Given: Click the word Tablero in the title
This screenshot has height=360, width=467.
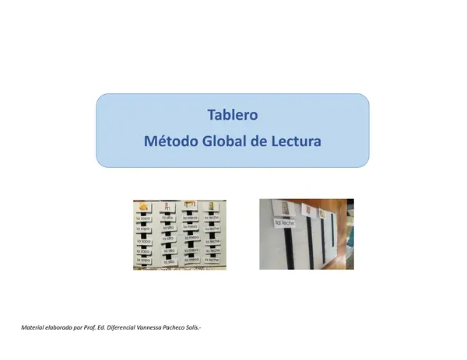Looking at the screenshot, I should (232, 116).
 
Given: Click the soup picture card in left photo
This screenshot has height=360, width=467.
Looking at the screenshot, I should (144, 206).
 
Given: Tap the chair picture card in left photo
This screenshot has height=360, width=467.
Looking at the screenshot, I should (167, 206).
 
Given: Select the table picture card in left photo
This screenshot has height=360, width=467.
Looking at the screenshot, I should (189, 206).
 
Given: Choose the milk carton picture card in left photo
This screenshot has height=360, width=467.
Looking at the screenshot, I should (211, 206).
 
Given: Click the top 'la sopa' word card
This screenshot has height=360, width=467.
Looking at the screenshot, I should (144, 219).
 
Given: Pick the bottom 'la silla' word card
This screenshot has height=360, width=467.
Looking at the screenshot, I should (169, 261).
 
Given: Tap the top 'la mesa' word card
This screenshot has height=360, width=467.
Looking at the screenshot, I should (191, 218).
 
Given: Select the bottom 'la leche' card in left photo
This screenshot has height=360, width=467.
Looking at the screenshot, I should (213, 261).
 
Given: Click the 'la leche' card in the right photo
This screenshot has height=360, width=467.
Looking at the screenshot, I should (284, 223).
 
